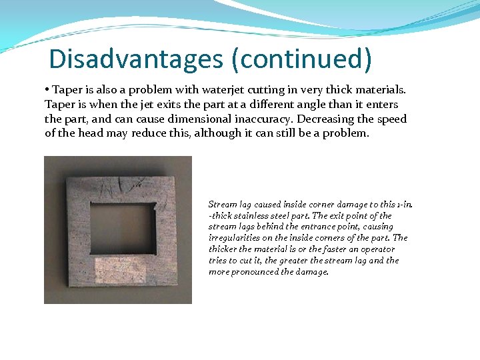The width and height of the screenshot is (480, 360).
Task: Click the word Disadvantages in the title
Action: click(136, 59)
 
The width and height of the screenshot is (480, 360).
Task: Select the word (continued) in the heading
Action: click(301, 59)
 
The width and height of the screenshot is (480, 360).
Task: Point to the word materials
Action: click(380, 89)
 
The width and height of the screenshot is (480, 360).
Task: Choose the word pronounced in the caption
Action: click(253, 272)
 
